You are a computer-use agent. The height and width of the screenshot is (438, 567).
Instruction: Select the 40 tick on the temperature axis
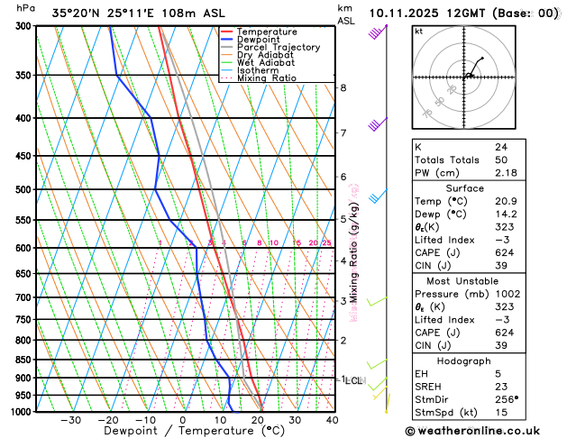332,420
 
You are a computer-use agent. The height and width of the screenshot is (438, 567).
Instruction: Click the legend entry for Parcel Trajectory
278,47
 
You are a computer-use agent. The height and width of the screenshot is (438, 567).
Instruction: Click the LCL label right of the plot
353,380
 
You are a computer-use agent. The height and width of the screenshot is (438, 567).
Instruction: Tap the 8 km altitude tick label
343,87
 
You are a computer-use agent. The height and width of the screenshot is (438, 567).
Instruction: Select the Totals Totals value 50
501,160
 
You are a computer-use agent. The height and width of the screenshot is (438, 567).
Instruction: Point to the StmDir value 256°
508,399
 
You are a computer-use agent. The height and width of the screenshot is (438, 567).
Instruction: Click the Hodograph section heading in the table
482,360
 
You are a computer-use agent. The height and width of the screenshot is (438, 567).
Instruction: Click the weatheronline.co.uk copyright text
482,431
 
